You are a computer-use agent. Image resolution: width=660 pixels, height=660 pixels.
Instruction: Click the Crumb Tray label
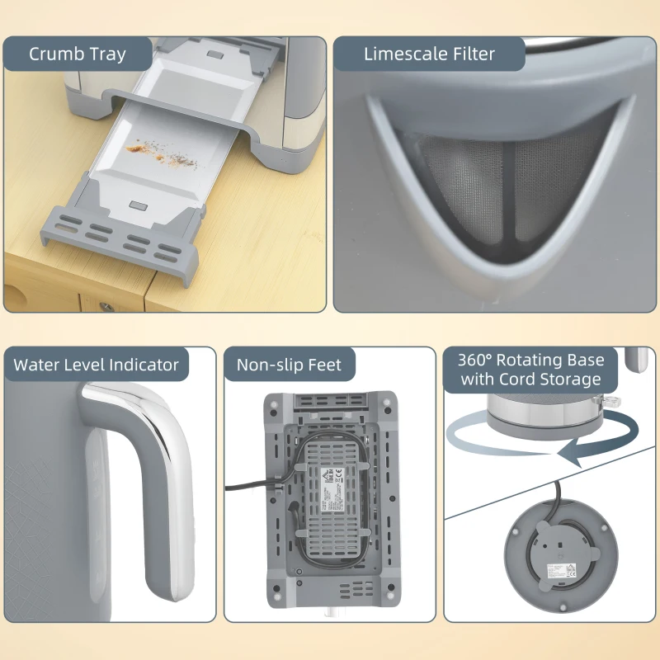tap(78, 54)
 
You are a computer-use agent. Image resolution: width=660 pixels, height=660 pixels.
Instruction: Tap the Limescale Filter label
tap(429, 54)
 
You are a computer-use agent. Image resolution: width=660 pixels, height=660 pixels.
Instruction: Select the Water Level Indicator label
tap(96, 365)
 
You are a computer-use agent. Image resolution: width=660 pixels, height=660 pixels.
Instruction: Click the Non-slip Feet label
tap(289, 365)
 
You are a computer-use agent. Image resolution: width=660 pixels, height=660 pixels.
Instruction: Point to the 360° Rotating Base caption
tap(531, 370)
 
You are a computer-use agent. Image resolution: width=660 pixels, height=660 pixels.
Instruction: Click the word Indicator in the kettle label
tap(144, 365)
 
